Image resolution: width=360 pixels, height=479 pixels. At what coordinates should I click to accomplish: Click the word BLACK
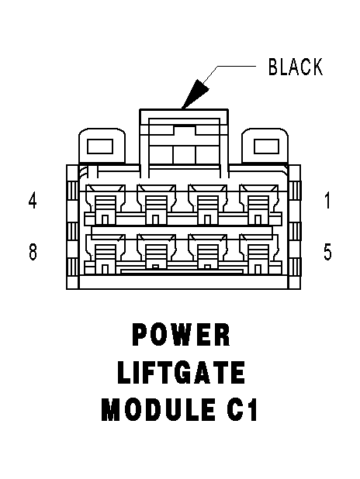click(x=295, y=67)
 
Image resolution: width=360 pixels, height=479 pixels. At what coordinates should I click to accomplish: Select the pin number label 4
click(x=33, y=201)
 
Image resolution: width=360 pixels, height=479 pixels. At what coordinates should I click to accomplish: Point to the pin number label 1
click(x=327, y=201)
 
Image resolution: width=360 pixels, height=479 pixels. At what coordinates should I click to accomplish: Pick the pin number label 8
click(x=33, y=252)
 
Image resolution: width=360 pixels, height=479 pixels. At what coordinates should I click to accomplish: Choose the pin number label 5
click(x=327, y=252)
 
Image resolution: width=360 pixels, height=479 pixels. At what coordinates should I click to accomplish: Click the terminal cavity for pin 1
click(x=259, y=204)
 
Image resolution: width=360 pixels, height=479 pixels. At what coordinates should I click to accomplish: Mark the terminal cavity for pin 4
click(x=106, y=204)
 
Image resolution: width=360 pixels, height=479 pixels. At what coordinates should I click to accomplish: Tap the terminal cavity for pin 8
click(x=106, y=254)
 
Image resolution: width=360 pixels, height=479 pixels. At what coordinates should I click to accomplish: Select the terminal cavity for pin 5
click(x=259, y=254)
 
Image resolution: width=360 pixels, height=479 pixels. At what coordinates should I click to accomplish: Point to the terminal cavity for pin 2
click(x=208, y=204)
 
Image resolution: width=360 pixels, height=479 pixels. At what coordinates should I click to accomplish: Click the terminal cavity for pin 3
click(x=157, y=204)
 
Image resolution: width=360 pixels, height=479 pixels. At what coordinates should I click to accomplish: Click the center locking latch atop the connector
click(x=184, y=143)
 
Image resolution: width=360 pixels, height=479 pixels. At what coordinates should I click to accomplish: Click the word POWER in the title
click(x=181, y=335)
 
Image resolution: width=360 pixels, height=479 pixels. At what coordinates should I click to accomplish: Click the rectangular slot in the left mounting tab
click(x=100, y=146)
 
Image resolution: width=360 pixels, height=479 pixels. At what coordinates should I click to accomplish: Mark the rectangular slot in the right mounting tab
click(x=266, y=146)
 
